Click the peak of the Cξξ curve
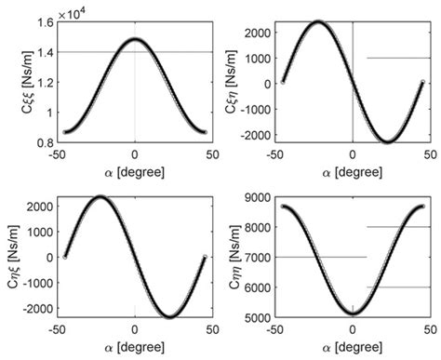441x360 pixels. point(135,39)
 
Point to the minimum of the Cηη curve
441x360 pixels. point(352,312)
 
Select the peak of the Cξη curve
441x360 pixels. point(317,21)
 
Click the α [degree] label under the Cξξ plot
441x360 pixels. point(135,174)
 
